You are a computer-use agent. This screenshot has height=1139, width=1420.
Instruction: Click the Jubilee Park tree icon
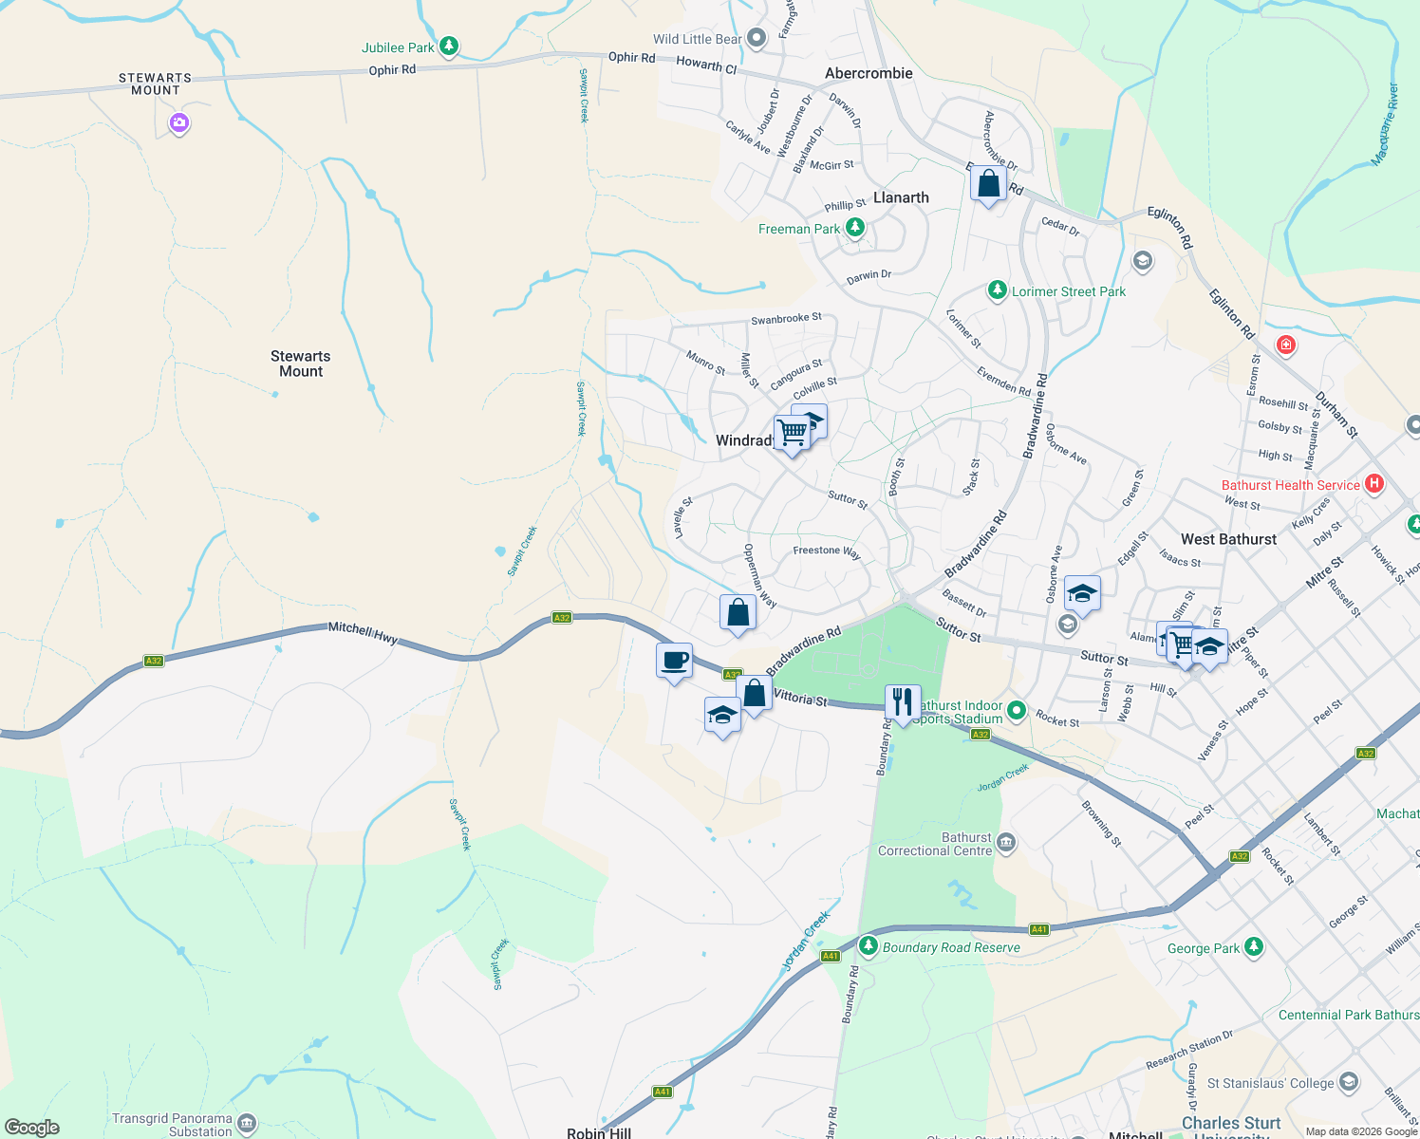(x=450, y=46)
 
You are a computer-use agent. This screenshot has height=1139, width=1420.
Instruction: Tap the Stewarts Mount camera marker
(x=179, y=122)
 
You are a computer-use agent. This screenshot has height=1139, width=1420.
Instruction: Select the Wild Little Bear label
(x=698, y=39)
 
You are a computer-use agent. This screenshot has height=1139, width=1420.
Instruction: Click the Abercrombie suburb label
(x=869, y=73)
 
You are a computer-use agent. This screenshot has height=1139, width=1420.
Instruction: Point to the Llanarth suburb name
(x=901, y=197)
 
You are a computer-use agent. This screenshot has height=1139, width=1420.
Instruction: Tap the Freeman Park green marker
(x=855, y=228)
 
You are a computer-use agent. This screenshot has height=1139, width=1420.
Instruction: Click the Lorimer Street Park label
(x=1069, y=291)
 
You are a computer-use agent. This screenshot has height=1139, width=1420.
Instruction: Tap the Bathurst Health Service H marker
(x=1373, y=484)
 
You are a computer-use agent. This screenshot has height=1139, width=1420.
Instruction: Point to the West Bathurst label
(x=1228, y=539)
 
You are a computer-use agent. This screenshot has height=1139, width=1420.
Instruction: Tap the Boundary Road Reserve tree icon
(x=868, y=946)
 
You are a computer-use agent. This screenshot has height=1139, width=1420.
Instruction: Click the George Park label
(x=1203, y=948)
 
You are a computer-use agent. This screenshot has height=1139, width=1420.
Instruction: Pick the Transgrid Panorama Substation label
(x=172, y=1125)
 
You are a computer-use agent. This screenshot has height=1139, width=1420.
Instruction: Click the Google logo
(x=32, y=1128)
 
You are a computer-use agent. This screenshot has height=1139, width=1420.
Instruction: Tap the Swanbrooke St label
(x=786, y=319)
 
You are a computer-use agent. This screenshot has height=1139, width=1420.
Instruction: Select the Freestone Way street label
(x=826, y=551)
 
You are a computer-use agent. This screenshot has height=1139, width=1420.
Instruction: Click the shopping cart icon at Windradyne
(x=792, y=433)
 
